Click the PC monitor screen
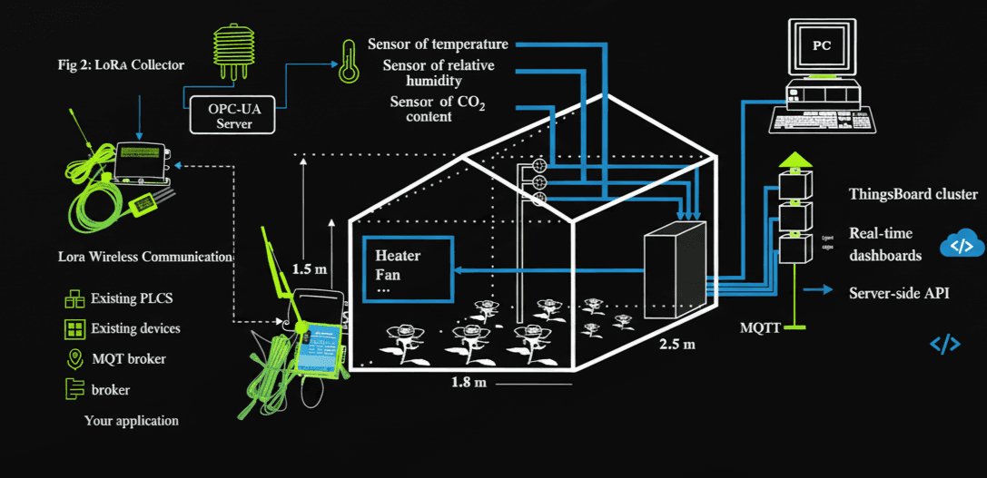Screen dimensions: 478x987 pyautogui.click(x=821, y=45)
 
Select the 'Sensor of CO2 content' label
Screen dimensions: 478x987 pyautogui.click(x=438, y=108)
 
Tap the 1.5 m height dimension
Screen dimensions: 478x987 pyautogui.click(x=308, y=269)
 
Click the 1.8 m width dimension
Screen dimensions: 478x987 pyautogui.click(x=469, y=382)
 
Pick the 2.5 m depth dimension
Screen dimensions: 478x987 pyautogui.click(x=676, y=345)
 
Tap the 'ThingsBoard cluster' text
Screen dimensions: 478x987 pyautogui.click(x=913, y=194)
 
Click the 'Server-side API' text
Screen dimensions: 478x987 pyautogui.click(x=905, y=292)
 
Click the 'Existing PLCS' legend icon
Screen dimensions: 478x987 pyautogui.click(x=73, y=298)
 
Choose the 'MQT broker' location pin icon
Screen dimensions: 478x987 pyautogui.click(x=73, y=358)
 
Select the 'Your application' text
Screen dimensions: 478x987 pyautogui.click(x=132, y=421)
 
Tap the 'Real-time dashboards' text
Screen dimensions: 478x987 pyautogui.click(x=885, y=244)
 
